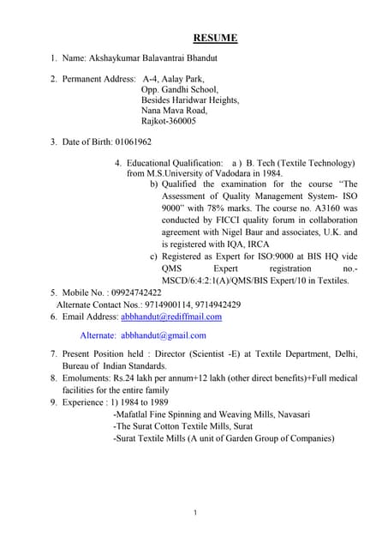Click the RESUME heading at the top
[215, 38]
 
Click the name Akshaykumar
[116, 58]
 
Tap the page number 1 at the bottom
[195, 513]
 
